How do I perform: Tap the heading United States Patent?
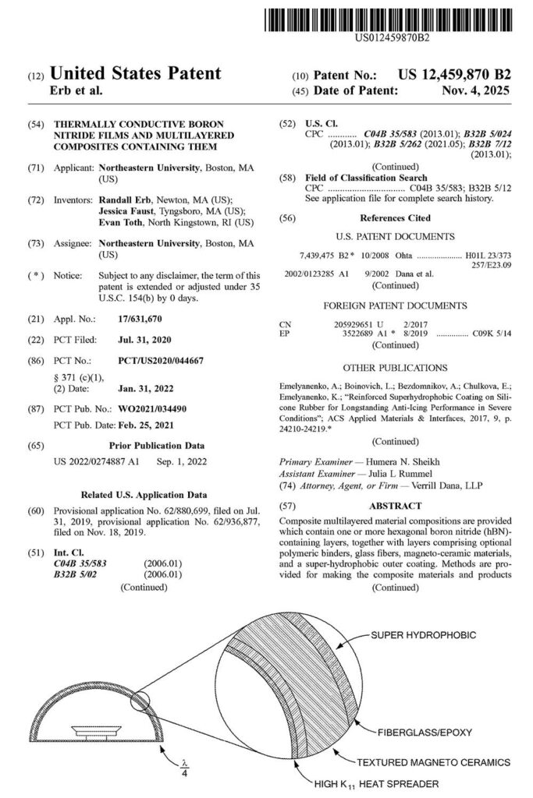(135, 75)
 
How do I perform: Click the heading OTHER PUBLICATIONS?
(396, 367)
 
